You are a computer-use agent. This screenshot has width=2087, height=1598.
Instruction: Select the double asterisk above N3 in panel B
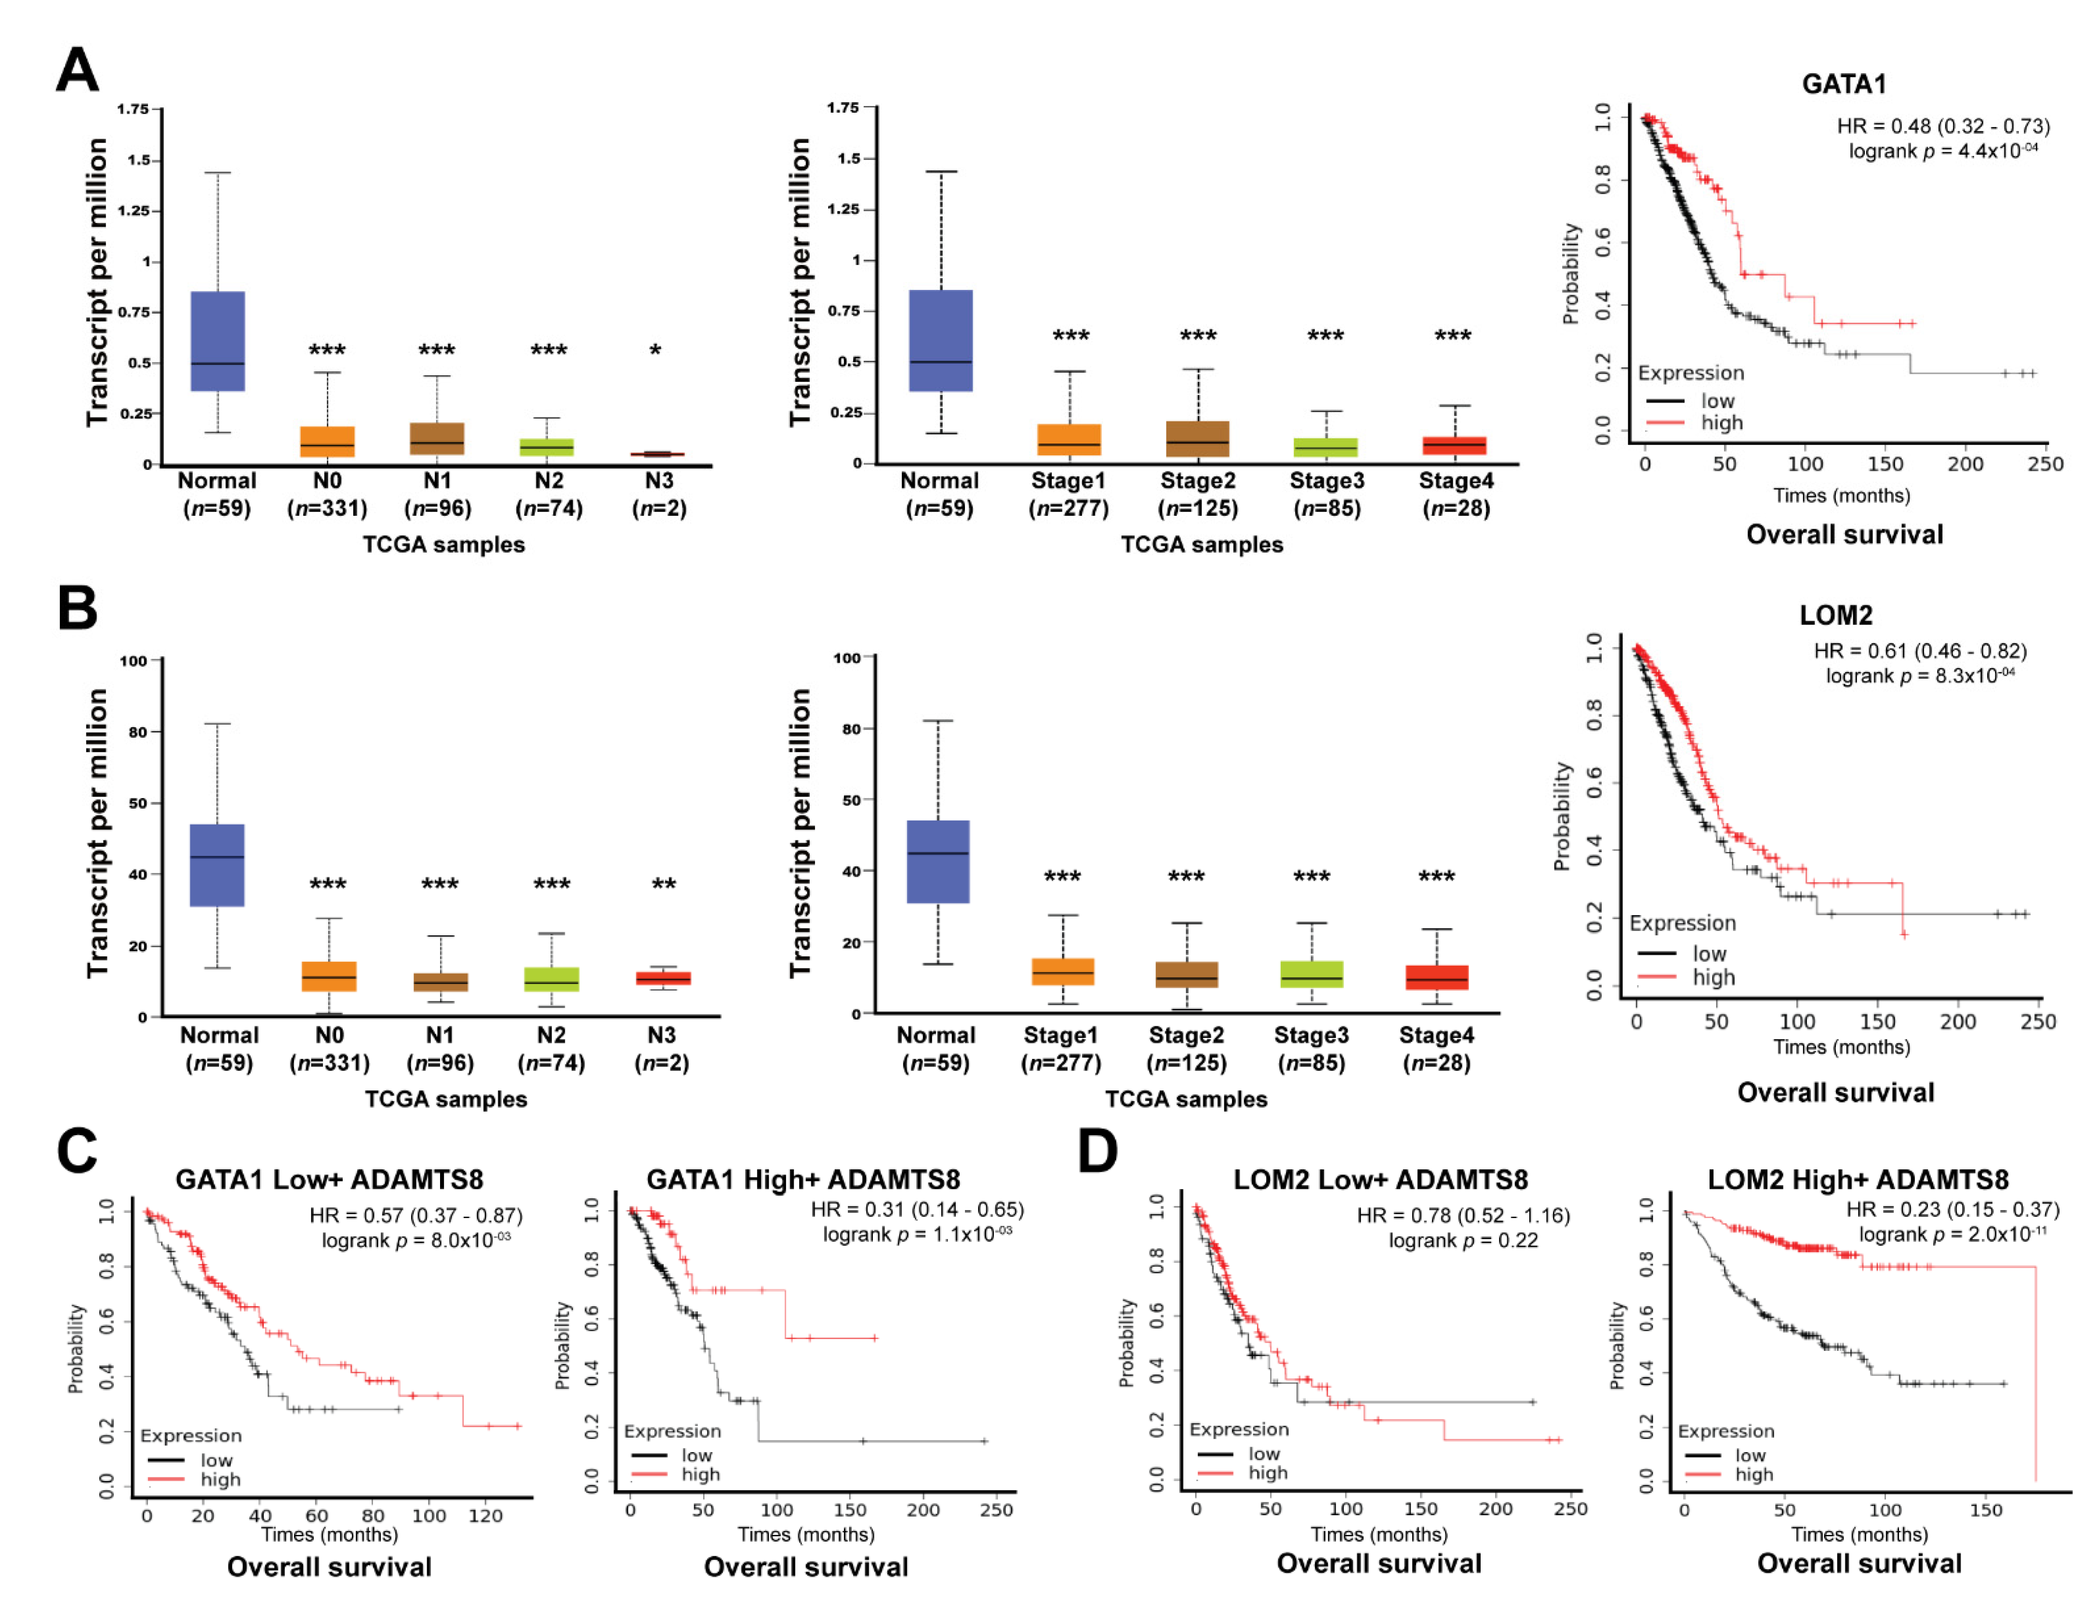pyautogui.click(x=663, y=885)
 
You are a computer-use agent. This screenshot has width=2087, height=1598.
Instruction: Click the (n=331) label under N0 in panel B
pyautogui.click(x=329, y=1062)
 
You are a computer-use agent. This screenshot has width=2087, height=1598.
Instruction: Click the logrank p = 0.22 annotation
pyautogui.click(x=1463, y=1240)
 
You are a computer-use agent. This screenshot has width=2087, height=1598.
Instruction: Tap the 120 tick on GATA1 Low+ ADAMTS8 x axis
pyautogui.click(x=485, y=1515)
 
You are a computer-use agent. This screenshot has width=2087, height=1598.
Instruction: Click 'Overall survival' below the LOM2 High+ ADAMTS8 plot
pyautogui.click(x=1859, y=1563)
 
